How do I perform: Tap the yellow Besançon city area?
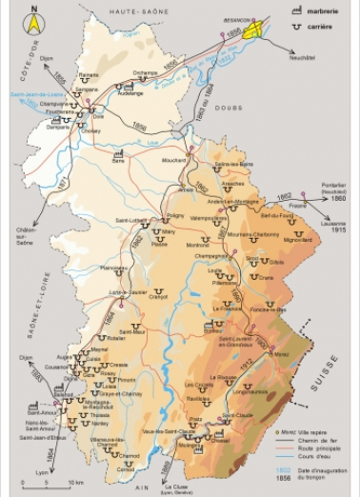(250, 30)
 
